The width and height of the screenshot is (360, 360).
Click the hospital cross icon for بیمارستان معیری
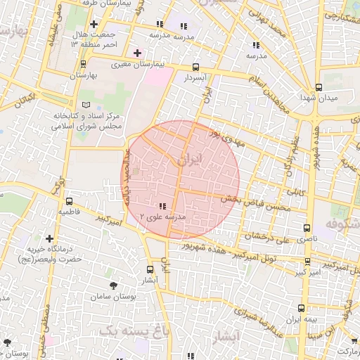(137, 53)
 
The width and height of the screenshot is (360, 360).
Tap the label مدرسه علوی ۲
(163, 217)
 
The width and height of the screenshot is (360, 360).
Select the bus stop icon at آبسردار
(195, 67)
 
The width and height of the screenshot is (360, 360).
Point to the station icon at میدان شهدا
(319, 87)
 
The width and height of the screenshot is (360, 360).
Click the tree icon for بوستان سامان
(114, 285)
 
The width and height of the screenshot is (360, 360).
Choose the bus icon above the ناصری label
(307, 228)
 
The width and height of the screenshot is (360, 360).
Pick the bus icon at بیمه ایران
(302, 308)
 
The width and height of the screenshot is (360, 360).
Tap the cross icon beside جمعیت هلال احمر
(94, 24)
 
